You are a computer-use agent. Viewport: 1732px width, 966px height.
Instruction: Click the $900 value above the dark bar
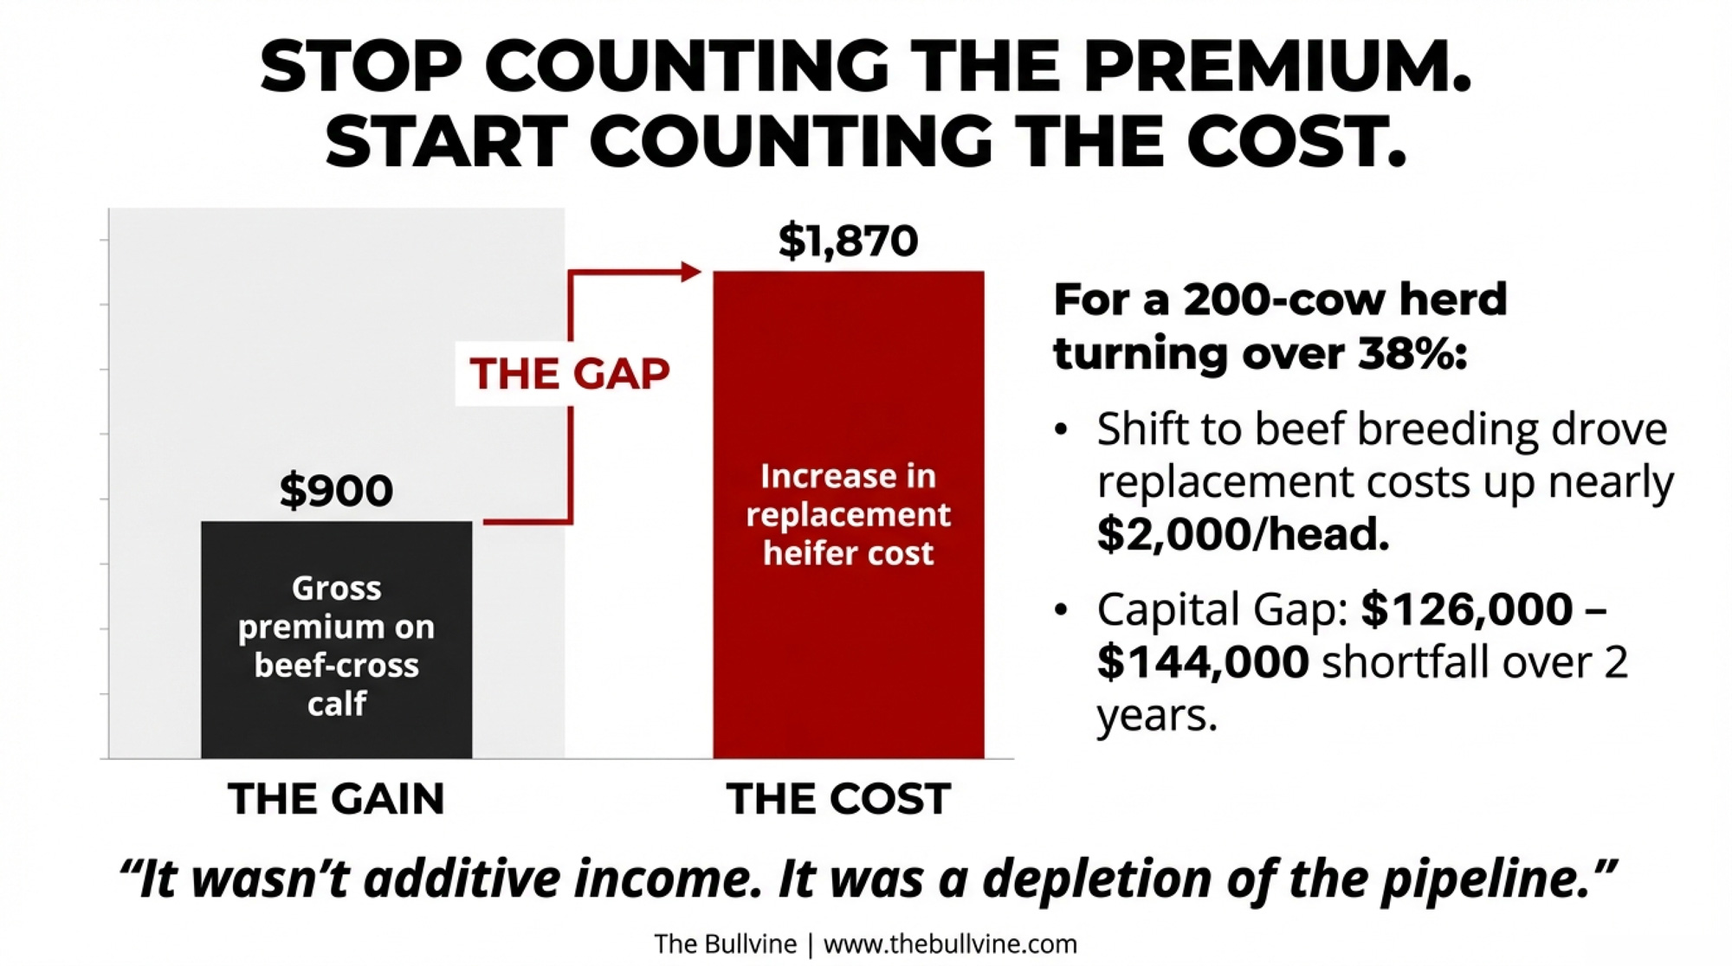(x=336, y=490)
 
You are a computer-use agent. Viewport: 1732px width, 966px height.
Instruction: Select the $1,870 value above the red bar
(x=848, y=241)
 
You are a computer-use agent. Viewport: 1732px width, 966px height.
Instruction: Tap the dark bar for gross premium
(x=336, y=641)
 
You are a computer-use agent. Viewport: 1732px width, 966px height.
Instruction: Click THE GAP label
(x=569, y=374)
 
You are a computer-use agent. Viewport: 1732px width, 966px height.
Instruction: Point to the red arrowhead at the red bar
(x=691, y=272)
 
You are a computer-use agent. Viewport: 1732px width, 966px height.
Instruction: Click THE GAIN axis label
(x=336, y=798)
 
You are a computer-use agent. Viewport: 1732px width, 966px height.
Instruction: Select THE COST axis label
(x=838, y=798)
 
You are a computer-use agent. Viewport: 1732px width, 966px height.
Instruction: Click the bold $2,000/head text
(x=1243, y=533)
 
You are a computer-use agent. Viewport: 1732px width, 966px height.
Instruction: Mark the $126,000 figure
(x=1467, y=609)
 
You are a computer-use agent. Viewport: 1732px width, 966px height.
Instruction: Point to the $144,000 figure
(x=1203, y=662)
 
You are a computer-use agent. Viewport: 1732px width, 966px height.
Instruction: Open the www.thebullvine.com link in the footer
(x=950, y=943)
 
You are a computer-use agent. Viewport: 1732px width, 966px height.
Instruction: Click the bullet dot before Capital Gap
(x=1062, y=609)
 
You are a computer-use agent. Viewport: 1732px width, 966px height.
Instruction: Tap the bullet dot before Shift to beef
(x=1062, y=430)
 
